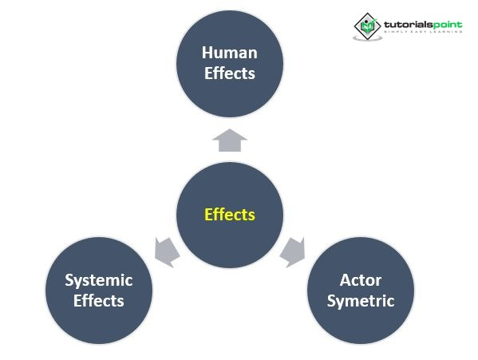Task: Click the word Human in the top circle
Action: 230,53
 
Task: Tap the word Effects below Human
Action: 230,73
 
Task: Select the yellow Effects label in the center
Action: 230,215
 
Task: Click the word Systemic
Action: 99,281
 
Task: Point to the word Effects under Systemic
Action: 99,301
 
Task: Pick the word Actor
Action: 361,280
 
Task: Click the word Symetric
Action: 361,302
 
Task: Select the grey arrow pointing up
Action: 230,140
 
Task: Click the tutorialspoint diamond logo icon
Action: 367,26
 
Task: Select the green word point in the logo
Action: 445,25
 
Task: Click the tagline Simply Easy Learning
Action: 423,32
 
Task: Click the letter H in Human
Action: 207,53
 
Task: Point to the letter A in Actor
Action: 346,280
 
